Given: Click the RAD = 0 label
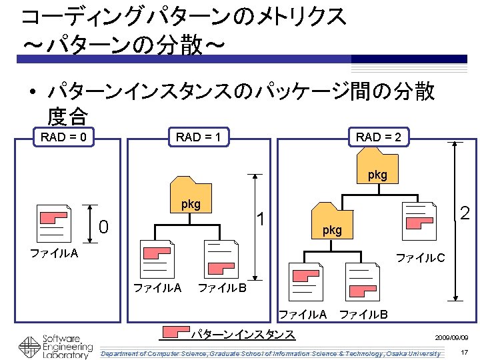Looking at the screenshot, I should click(63, 138).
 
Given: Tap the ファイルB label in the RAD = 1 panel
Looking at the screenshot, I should click(223, 288).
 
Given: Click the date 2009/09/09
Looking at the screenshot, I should click(455, 338).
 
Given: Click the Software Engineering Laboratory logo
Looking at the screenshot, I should click(57, 345).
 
